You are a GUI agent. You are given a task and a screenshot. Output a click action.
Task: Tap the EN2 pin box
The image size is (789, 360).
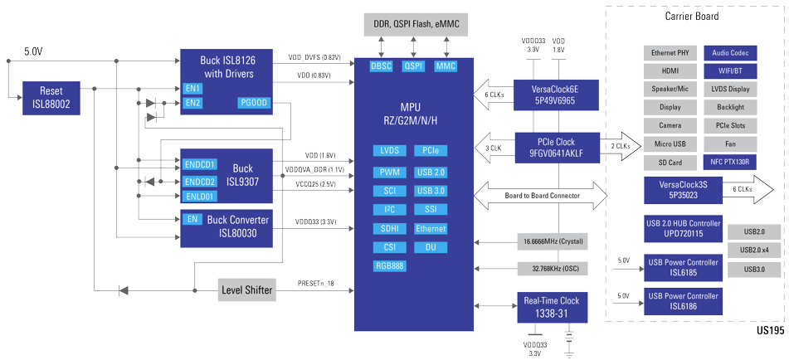click(x=193, y=103)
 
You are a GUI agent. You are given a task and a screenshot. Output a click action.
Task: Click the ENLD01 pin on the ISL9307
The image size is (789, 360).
click(x=200, y=197)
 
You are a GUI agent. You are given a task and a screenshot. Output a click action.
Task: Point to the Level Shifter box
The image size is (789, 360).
click(x=247, y=290)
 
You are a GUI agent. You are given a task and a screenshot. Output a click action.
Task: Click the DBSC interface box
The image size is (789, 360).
click(x=382, y=66)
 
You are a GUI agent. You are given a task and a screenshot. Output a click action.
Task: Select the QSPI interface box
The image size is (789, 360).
click(x=413, y=66)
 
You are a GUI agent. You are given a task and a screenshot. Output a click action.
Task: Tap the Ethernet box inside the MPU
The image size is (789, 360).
click(x=431, y=228)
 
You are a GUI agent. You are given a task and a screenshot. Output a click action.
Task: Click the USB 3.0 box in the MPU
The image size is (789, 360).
click(x=431, y=191)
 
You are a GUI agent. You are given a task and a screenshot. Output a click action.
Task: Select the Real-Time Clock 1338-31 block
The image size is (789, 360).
click(x=552, y=307)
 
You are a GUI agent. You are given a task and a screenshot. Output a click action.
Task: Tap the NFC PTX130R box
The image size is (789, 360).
click(x=728, y=162)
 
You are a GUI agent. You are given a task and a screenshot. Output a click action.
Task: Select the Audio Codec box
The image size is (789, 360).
click(x=728, y=52)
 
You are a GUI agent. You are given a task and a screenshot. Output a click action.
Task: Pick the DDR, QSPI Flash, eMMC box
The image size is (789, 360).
click(x=415, y=25)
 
